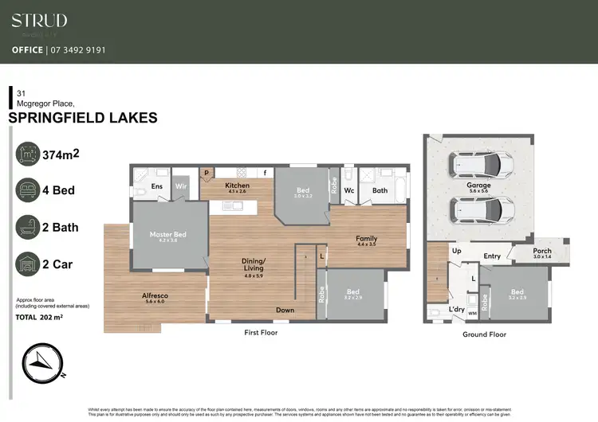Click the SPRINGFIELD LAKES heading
pyautogui.click(x=82, y=118)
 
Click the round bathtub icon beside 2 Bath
pyautogui.click(x=30, y=227)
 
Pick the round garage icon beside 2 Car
pyautogui.click(x=30, y=264)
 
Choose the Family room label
pyautogui.click(x=366, y=239)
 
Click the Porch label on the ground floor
pyautogui.click(x=542, y=251)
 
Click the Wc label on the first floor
pyautogui.click(x=349, y=190)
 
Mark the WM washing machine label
pyautogui.click(x=472, y=314)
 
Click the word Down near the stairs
pyautogui.click(x=285, y=310)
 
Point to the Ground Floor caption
pyautogui.click(x=485, y=334)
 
